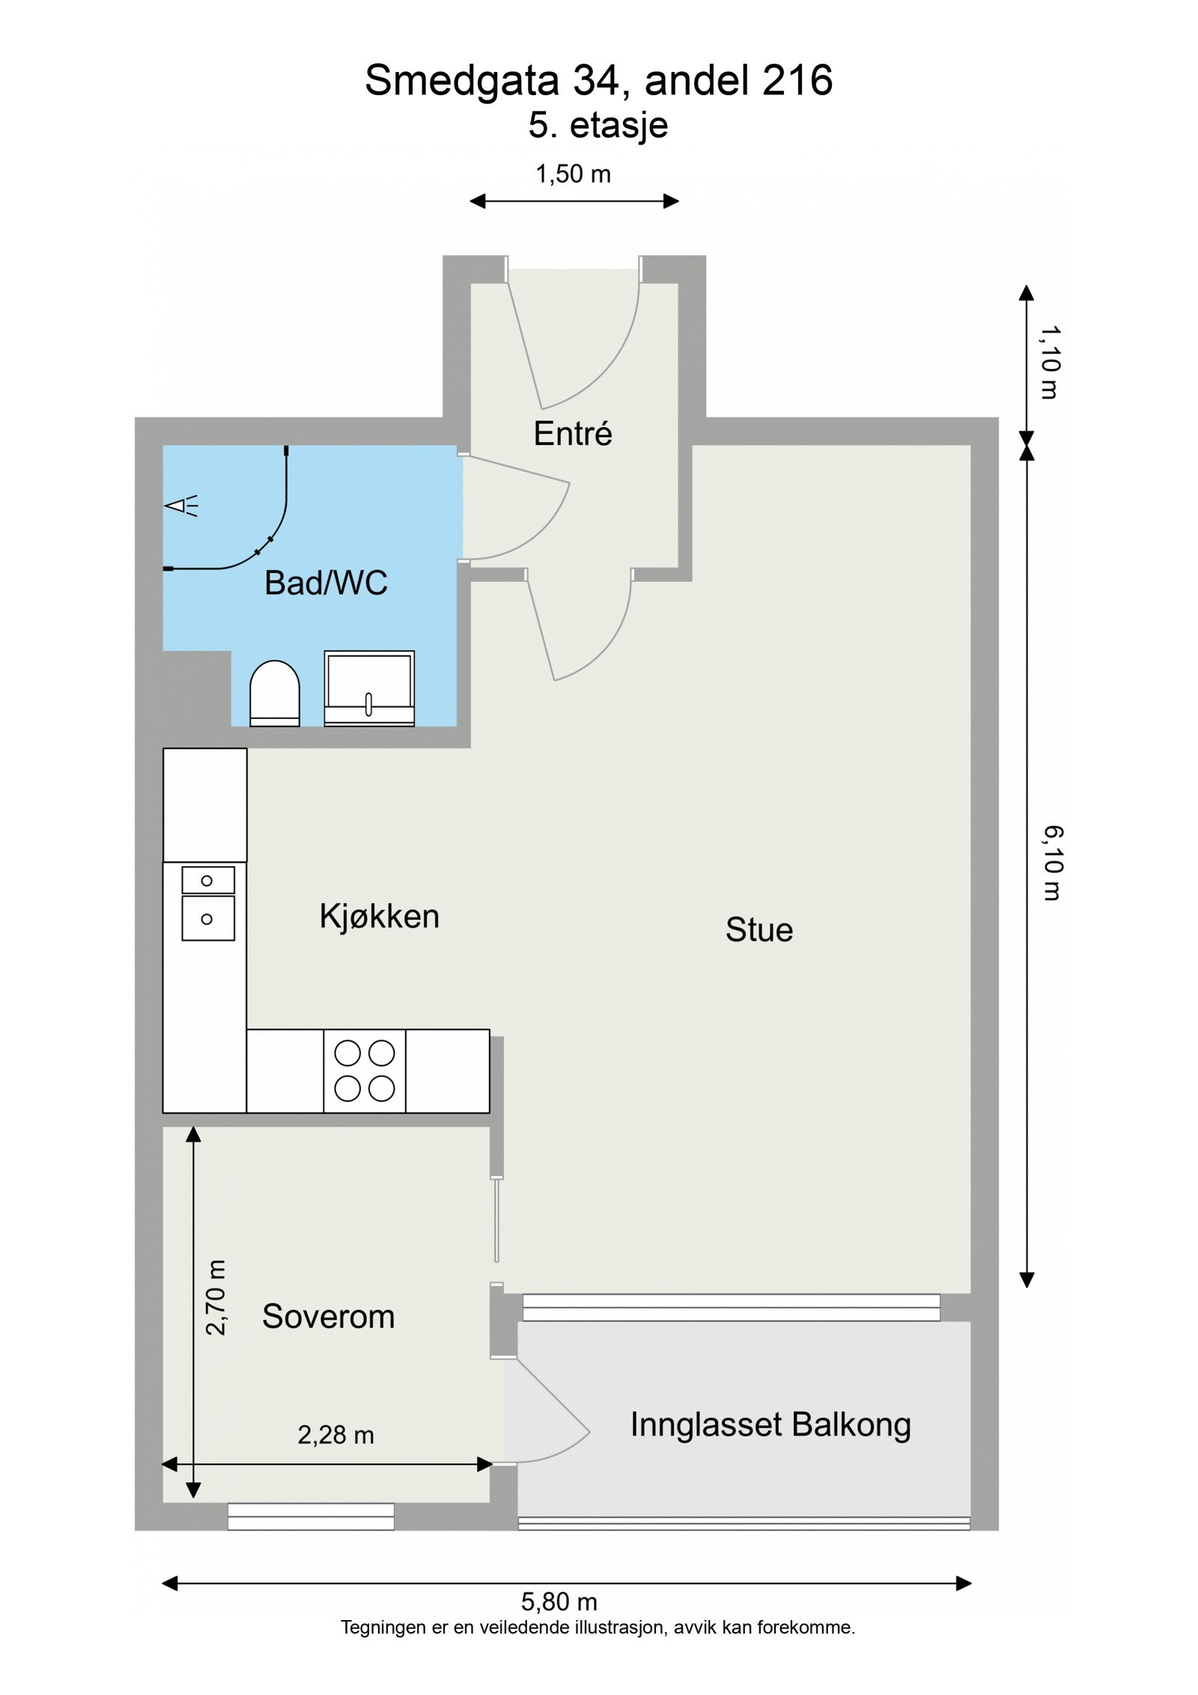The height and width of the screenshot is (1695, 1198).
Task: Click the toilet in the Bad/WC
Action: click(274, 693)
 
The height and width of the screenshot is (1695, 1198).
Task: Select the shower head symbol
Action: click(180, 506)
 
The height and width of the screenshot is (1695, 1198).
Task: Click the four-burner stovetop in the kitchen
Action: click(365, 1070)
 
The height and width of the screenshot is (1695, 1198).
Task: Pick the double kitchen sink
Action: click(207, 903)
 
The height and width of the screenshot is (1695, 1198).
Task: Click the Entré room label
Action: click(573, 434)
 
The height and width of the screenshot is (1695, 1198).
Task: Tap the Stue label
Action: click(758, 930)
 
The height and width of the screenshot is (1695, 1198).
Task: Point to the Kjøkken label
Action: click(379, 917)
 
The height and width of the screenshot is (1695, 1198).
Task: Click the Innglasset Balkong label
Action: click(770, 1425)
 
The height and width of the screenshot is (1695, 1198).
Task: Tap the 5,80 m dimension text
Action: click(559, 1602)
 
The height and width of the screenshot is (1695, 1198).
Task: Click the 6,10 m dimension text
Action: click(1052, 863)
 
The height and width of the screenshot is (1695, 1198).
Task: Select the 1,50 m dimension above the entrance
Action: click(573, 175)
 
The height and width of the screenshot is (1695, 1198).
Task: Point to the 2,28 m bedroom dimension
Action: click(335, 1435)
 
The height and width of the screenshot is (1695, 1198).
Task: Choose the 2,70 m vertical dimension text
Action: click(216, 1298)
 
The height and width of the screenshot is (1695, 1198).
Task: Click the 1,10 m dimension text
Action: click(1050, 363)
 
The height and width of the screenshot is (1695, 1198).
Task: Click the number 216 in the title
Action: click(797, 81)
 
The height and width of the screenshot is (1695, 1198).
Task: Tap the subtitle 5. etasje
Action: click(598, 125)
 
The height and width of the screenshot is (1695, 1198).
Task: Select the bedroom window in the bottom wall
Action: click(311, 1516)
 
